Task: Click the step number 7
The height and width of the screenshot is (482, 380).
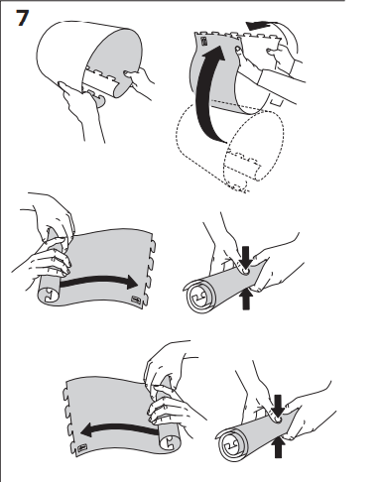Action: [22, 18]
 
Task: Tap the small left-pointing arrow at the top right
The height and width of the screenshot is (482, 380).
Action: [259, 26]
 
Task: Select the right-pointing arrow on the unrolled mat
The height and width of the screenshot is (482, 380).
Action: [99, 281]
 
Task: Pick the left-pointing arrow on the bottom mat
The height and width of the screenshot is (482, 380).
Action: [119, 428]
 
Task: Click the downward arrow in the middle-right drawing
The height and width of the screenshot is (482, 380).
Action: [245, 257]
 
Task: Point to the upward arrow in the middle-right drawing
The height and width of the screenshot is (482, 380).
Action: [246, 299]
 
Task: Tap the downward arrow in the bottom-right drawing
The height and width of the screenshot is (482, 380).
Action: [278, 406]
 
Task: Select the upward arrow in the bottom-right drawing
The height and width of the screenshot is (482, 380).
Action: [278, 447]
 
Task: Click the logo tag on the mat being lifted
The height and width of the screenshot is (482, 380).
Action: [204, 42]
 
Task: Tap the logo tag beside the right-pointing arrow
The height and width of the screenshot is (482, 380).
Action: [136, 300]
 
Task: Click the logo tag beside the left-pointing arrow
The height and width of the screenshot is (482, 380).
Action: [82, 448]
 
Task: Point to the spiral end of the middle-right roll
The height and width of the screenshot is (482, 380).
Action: [199, 297]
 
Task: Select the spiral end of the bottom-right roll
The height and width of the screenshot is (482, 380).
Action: [231, 444]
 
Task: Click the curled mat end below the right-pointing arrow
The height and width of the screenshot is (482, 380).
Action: [50, 294]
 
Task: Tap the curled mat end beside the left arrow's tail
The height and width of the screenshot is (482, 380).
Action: [171, 441]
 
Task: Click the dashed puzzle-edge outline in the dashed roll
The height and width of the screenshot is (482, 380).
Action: [242, 167]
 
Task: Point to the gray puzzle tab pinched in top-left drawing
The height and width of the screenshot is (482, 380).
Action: [97, 99]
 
